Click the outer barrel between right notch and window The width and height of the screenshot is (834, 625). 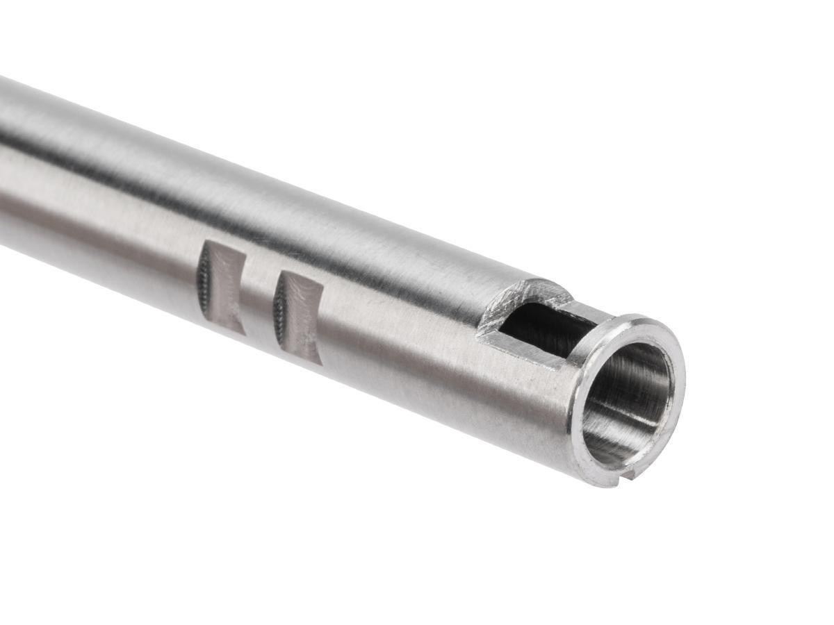coord(403,326)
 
